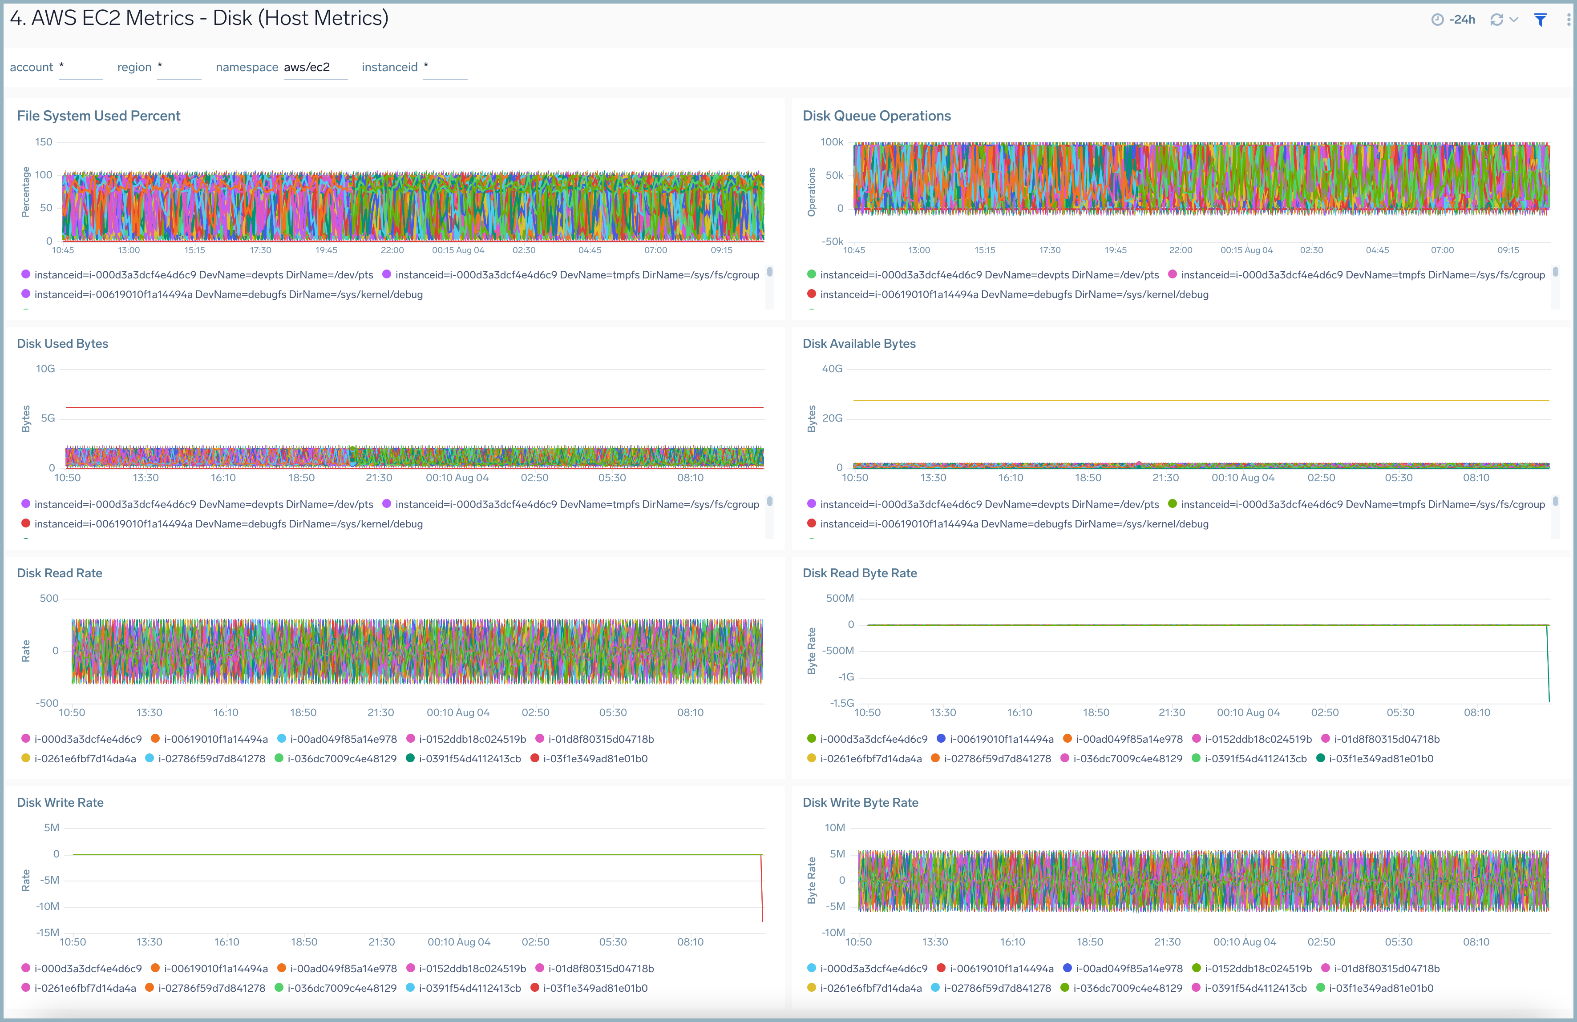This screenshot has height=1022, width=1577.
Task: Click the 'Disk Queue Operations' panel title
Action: [x=876, y=116]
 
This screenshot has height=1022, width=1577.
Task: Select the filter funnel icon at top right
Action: [x=1540, y=20]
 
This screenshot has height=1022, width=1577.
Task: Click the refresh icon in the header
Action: [x=1496, y=20]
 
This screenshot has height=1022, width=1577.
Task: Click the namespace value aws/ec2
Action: [x=307, y=67]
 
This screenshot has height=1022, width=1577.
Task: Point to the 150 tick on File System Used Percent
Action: [x=44, y=142]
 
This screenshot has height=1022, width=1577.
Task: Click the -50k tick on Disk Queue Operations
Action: [x=832, y=241]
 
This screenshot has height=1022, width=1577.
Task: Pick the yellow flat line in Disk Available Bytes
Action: [x=1201, y=400]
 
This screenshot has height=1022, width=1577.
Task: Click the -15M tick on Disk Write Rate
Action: [x=48, y=932]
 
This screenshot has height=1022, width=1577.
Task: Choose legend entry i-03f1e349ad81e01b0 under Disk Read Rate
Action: [x=594, y=758]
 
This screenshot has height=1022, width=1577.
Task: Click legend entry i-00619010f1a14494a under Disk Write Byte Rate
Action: [x=1001, y=968]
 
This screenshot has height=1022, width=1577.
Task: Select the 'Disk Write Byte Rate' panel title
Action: [x=860, y=803]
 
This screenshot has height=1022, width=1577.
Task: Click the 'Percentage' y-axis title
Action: [x=26, y=192]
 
